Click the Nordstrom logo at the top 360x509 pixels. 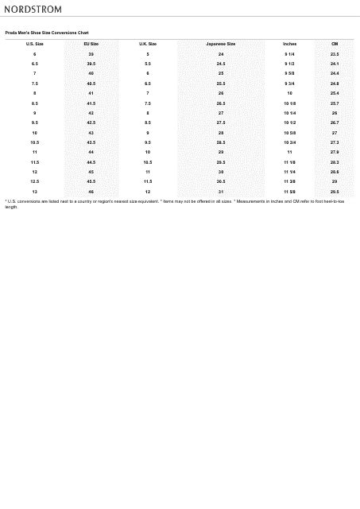[x=33, y=10]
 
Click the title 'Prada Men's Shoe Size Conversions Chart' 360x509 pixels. [x=47, y=33]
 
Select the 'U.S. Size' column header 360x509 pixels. [x=34, y=44]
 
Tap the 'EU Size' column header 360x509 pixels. [x=91, y=44]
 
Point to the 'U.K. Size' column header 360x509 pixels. [x=148, y=44]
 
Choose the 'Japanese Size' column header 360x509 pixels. [x=220, y=44]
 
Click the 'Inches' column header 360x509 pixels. [x=289, y=44]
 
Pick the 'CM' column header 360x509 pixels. [x=335, y=44]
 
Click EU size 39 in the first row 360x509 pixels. [x=91, y=54]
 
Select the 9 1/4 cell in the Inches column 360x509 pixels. [x=289, y=54]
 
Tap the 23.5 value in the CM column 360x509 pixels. [x=335, y=54]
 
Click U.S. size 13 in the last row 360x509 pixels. [x=34, y=192]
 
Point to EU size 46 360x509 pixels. [x=91, y=192]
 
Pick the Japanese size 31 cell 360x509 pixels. [x=220, y=192]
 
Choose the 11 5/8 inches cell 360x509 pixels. [x=289, y=192]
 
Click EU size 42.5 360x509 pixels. [x=91, y=122]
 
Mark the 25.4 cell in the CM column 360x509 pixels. [x=335, y=93]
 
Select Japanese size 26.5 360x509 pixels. [x=220, y=103]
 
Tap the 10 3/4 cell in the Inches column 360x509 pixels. [x=289, y=142]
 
